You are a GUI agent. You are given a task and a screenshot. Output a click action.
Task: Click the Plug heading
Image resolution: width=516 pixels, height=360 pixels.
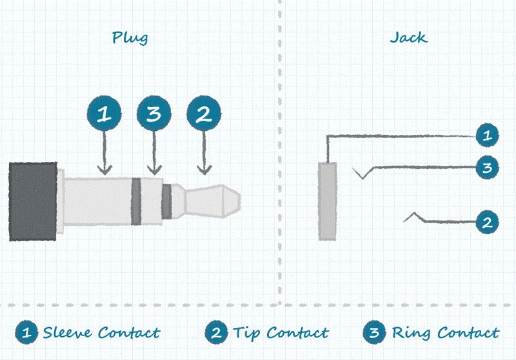click(x=130, y=37)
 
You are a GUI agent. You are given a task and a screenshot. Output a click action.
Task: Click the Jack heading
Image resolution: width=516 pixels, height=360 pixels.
click(x=408, y=37)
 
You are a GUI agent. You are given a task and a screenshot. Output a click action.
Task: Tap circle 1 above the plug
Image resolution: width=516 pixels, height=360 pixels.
click(x=104, y=115)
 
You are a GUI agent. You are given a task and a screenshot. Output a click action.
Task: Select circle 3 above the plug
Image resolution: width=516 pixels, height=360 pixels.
click(x=154, y=115)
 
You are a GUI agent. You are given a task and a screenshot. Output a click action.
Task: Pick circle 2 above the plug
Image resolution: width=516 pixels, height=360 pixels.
click(x=203, y=115)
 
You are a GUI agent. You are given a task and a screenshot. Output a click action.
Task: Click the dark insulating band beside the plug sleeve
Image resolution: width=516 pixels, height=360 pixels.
click(x=135, y=201)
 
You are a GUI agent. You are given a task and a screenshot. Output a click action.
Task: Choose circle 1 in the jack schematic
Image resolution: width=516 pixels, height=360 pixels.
click(x=487, y=135)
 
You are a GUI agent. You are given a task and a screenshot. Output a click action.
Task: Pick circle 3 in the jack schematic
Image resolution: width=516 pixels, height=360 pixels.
click(x=487, y=168)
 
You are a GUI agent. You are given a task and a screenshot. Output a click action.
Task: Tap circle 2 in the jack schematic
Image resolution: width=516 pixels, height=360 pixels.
click(x=487, y=223)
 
